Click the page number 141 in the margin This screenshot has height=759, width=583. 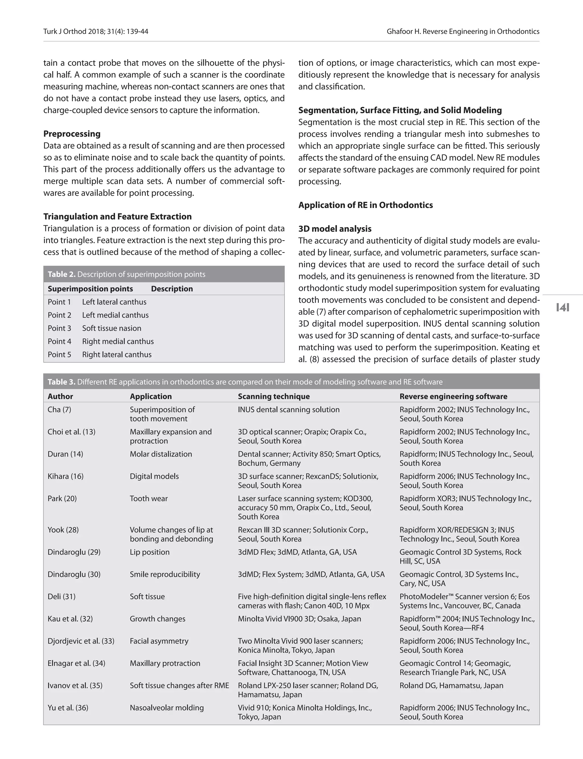pyautogui.click(x=563, y=307)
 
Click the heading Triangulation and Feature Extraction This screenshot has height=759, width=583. pyautogui.click(x=117, y=217)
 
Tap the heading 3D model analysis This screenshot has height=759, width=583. pyautogui.click(x=334, y=229)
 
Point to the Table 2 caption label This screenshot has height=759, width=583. pyautogui.click(x=61, y=274)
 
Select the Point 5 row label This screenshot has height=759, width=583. pyautogui.click(x=59, y=355)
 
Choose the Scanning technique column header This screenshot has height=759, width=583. pyautogui.click(x=274, y=396)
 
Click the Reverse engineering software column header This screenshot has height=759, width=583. pyautogui.click(x=453, y=396)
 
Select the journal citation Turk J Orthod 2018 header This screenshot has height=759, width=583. pyautogui.click(x=95, y=32)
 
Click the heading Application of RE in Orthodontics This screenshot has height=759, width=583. pyautogui.click(x=366, y=205)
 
